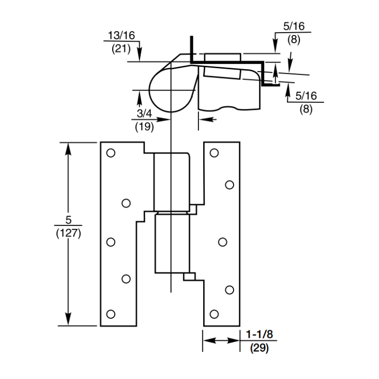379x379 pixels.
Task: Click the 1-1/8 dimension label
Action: click(x=258, y=335)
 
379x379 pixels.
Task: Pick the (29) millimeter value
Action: click(x=258, y=348)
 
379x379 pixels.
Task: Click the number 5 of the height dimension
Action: click(x=69, y=220)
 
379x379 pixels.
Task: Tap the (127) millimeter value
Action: click(x=69, y=233)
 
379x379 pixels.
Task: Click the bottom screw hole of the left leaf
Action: click(x=111, y=314)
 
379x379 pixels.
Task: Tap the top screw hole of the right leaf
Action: click(x=214, y=153)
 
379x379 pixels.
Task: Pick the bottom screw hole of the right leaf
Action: click(x=214, y=314)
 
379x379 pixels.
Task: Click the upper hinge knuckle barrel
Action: click(x=171, y=181)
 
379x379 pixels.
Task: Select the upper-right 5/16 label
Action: click(x=294, y=28)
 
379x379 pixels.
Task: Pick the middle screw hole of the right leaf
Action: click(x=222, y=242)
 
